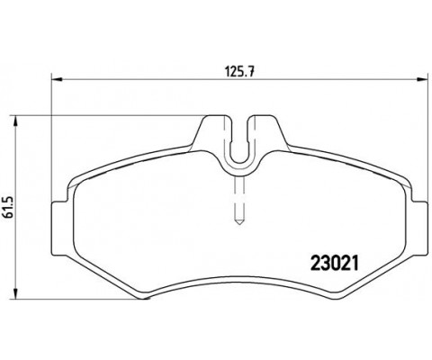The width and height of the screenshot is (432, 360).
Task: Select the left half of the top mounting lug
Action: point(209,135)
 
